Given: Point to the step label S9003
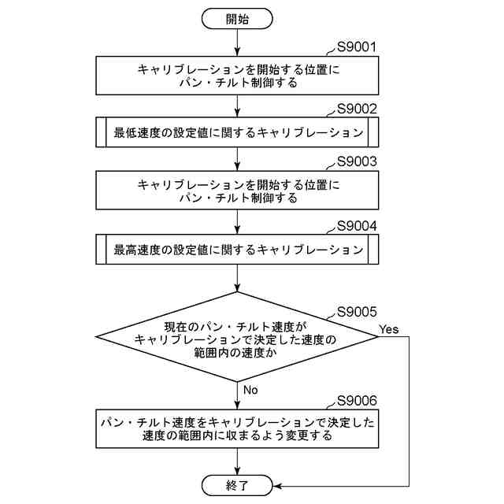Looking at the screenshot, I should pos(357,162).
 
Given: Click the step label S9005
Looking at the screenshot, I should pos(357,312).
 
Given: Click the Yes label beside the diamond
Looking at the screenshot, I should pos(388,328).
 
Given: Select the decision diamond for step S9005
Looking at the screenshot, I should pos(237,337).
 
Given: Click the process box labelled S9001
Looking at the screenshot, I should pos(237,76).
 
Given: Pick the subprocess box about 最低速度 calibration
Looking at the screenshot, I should pos(237,132).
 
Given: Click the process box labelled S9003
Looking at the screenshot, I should pos(237,191).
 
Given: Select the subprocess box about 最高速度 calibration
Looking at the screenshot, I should pos(237,250).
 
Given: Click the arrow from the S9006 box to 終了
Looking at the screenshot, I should pos(237,461).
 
